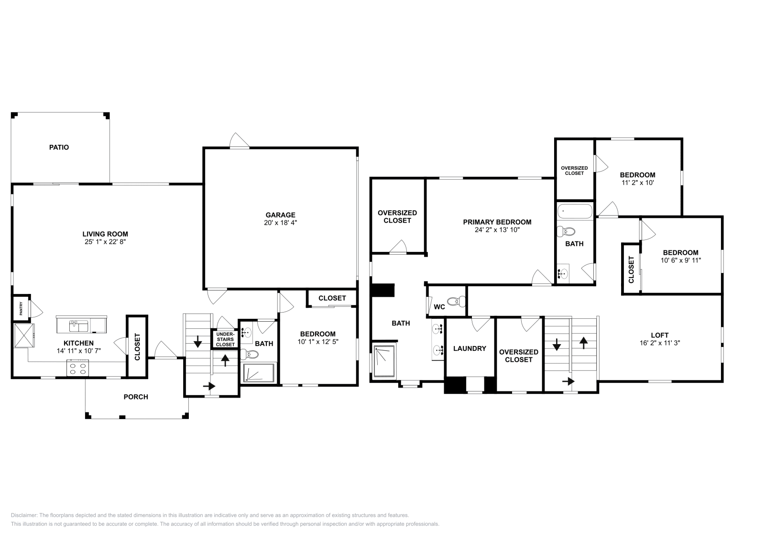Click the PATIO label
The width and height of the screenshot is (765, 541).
pos(59,147)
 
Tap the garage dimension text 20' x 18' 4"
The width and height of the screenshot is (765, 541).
pos(281,223)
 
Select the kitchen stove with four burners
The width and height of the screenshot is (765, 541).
pos(78,368)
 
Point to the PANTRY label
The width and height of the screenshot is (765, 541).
pos(21,308)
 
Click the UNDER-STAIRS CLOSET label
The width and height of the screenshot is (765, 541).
pos(225,339)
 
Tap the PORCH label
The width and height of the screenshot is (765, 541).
pos(136,397)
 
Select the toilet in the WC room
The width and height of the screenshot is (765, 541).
pos(459,301)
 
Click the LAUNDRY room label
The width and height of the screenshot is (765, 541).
pos(470,348)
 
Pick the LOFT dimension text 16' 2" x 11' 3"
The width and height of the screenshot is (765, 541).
pos(659,343)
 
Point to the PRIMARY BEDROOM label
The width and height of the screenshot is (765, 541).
pos(497,222)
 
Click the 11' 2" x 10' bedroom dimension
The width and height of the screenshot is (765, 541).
pos(637,182)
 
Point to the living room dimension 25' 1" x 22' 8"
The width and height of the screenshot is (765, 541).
pos(105,242)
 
